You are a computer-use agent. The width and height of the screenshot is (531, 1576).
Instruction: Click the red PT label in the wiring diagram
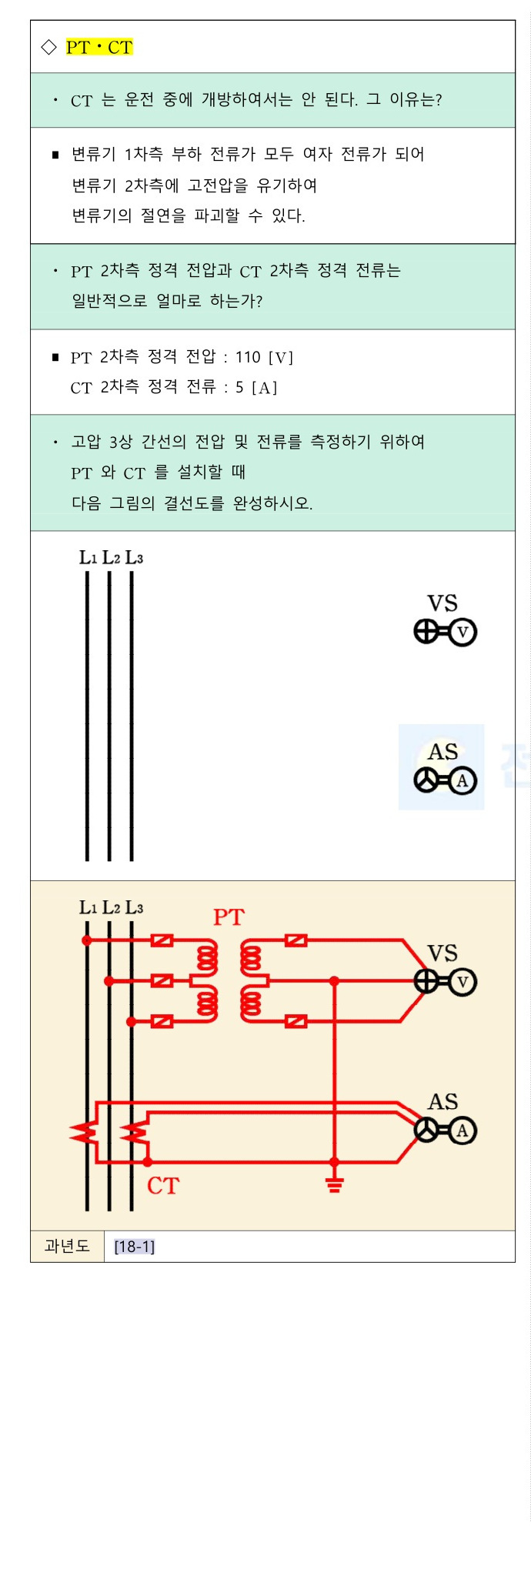coord(229,917)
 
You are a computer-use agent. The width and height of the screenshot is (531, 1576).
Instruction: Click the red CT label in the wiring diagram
coord(163,1186)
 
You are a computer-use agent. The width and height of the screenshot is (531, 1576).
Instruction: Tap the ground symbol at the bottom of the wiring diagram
coord(334,1184)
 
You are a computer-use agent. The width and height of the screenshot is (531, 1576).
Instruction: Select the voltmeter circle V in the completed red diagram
coord(463,982)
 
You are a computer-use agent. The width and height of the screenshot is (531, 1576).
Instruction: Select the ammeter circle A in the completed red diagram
coord(463,1130)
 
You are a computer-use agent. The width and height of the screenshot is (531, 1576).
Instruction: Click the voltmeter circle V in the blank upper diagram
coord(463,633)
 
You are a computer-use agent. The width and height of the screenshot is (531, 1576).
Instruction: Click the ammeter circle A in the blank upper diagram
coord(463,781)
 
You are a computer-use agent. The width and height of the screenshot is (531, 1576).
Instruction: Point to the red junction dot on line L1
coord(87,940)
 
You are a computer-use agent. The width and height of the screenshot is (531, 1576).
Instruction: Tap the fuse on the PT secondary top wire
coord(296,940)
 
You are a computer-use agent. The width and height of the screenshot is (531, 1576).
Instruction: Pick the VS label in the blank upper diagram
coord(442,603)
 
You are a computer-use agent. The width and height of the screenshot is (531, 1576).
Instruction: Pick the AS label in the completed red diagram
coord(442,1101)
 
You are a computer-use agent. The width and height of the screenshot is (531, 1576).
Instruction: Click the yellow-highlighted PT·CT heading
coord(99,48)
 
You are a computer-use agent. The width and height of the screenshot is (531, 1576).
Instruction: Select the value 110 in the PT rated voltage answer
coord(248,357)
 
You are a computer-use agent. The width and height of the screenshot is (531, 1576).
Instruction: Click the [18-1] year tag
coord(135,1247)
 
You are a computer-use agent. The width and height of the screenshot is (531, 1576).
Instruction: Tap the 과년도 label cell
coord(67,1246)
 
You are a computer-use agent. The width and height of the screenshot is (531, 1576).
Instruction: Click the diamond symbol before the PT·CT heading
coord(48,48)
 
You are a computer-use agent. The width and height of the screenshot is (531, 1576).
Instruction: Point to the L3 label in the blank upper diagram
coord(134,557)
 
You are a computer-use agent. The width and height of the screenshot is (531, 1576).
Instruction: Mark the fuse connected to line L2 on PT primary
coord(162,981)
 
